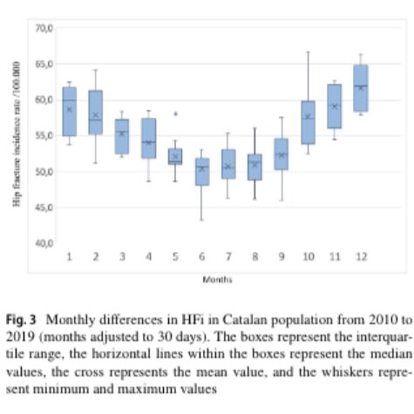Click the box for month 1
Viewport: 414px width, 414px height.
click(70, 112)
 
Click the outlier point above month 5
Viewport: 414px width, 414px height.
click(175, 113)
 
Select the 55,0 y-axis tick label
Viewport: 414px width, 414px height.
click(44, 136)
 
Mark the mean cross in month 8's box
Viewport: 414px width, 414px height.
click(255, 164)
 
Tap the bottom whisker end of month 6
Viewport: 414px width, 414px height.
click(201, 220)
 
